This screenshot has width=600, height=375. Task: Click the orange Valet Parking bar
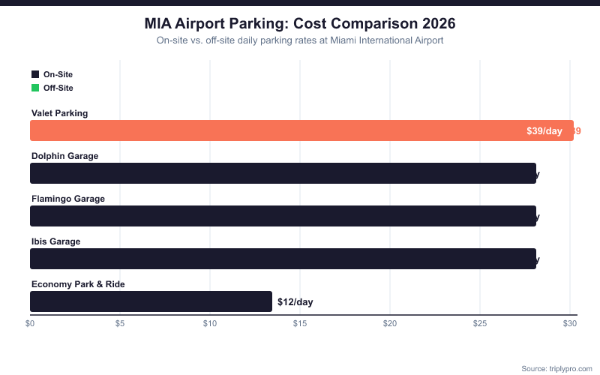point(300,130)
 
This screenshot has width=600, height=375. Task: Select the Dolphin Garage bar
point(283,173)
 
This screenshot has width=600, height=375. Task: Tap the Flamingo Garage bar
point(283,216)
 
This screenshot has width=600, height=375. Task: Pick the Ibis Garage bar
point(283,259)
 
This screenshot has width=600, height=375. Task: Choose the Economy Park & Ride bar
point(151,301)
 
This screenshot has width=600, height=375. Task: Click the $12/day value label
point(295,301)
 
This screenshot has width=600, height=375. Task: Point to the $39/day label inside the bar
point(544,130)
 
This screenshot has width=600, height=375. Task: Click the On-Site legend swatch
point(34,74)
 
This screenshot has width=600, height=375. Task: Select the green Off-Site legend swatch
point(34,88)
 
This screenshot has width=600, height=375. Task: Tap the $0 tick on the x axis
point(30,324)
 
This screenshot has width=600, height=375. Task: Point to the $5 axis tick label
point(120,324)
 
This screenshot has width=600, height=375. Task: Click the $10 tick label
point(210,324)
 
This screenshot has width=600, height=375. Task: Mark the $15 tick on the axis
point(300,324)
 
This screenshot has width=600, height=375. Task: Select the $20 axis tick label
point(390,324)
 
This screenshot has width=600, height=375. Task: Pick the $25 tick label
point(480,324)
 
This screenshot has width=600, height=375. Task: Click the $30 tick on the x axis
point(570,324)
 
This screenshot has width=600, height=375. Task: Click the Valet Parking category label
point(60,113)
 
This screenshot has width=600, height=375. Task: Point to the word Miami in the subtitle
point(334,40)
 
